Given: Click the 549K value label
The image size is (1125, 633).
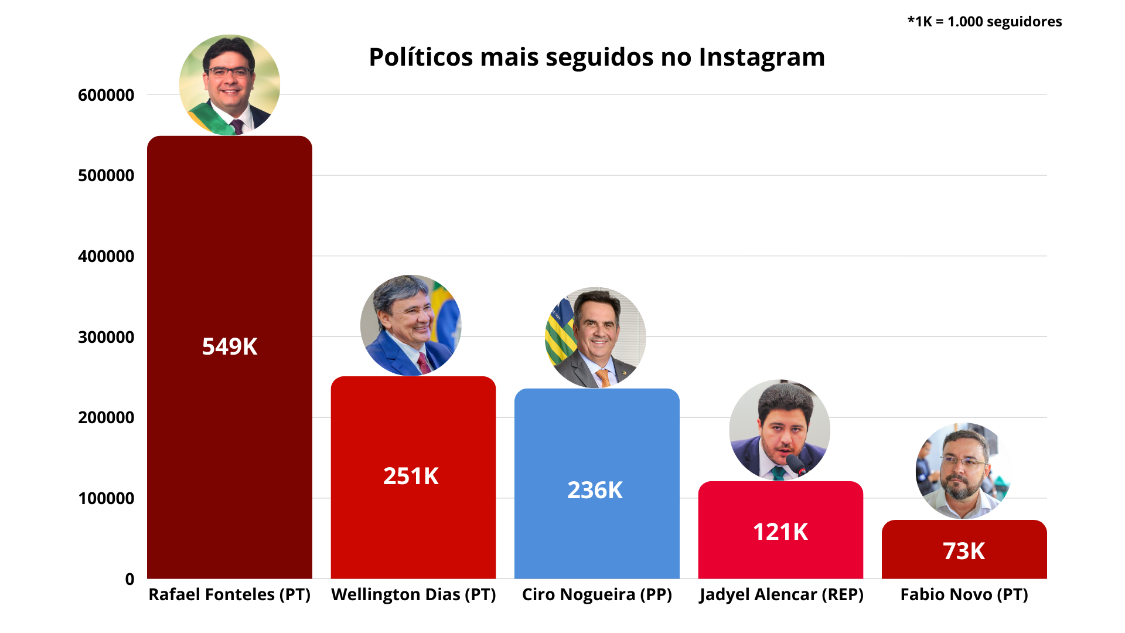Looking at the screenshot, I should coord(230,346).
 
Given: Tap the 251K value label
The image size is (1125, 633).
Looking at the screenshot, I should coord(411,476).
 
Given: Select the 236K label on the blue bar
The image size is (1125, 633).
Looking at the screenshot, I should coord(595,490).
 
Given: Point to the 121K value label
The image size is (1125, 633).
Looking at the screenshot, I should coord(780,532).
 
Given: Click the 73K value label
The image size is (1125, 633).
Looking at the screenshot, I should coord(963,551).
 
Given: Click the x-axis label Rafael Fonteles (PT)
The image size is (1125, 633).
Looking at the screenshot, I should coord(230,594).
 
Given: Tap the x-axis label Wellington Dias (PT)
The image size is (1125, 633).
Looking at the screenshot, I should coord(413,594).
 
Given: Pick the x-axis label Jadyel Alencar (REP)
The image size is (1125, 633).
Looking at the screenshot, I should coord(781,594).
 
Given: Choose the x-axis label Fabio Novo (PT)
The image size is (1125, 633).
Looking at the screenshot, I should coord(964,594).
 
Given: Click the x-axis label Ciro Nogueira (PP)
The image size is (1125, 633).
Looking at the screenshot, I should coord(596,594).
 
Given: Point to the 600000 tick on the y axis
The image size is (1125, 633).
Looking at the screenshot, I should coord(106,95).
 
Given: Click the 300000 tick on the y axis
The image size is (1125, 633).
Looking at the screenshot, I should coord(106,337).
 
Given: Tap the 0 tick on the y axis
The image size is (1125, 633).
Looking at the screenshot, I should coord(129,579).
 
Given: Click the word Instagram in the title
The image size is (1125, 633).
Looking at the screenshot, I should coord(762,57).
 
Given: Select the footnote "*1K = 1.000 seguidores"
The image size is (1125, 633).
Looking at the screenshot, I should coord(984,22).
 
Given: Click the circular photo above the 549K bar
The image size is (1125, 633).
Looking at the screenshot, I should coord(230,85).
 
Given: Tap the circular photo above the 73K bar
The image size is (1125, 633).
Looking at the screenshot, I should coord(964,471).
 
